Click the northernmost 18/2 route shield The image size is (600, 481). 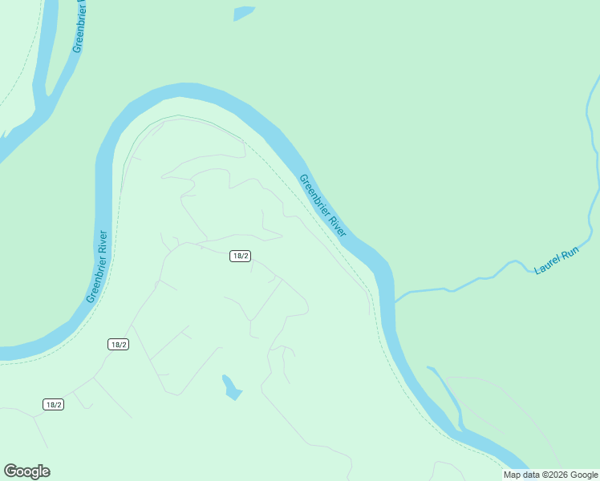coord(241,256)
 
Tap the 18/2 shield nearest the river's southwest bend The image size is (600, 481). coord(118,344)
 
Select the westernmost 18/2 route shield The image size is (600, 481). coord(53,404)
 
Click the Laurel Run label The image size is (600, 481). coord(556,261)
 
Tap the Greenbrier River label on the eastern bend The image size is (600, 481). coord(322,205)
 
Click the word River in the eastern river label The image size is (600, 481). coord(336,225)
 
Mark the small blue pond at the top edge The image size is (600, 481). coord(244,13)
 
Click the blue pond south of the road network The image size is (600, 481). coord(231,387)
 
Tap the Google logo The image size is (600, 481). coord(26,471)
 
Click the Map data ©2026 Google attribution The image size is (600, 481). coord(551,475)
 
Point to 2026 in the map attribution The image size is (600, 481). coord(559,475)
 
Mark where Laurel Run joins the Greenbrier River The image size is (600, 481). coord(395,301)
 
